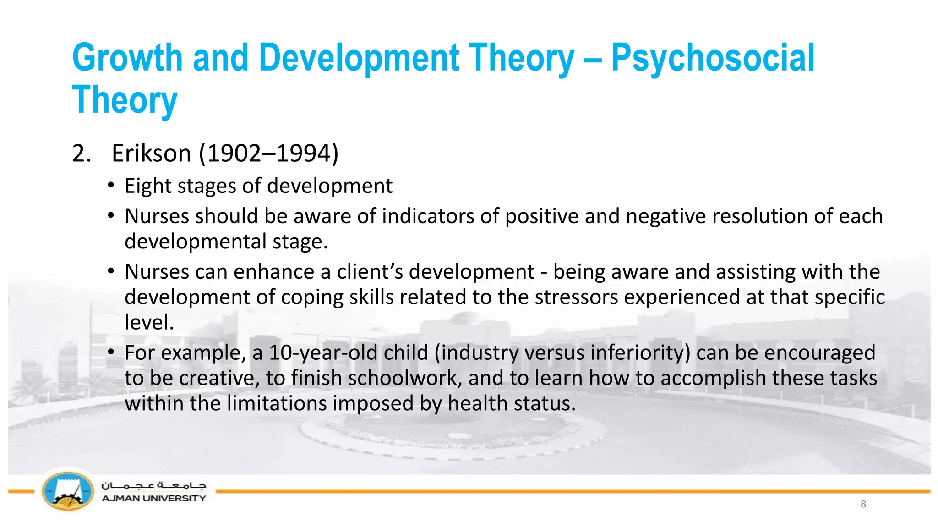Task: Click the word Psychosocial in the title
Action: coord(713,59)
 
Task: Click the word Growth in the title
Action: coord(127,58)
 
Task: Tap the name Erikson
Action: coord(151,154)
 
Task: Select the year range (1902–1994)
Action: coord(269,154)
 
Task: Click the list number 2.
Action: coord(81,154)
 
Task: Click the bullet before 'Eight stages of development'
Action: coord(111,186)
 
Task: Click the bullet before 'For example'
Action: coord(111,352)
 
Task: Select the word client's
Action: coord(370,272)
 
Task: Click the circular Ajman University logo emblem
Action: coord(68,492)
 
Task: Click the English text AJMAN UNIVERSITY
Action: coord(153,498)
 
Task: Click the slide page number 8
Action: coord(863,504)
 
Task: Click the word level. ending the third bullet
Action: coord(149,323)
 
